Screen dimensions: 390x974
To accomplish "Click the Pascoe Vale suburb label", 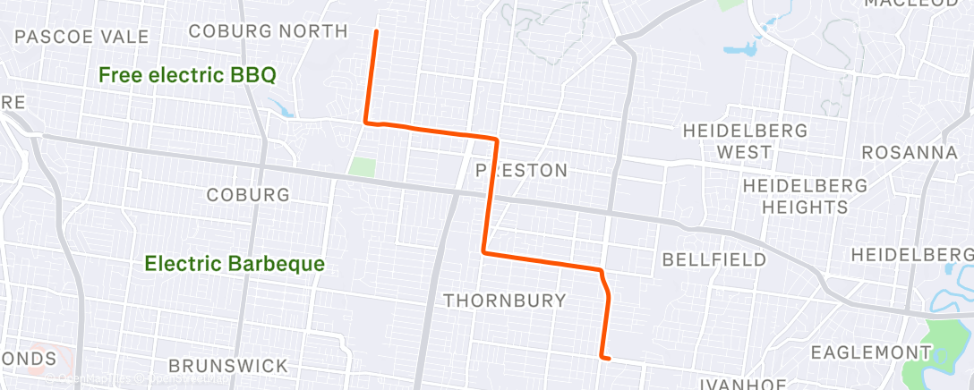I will (81, 37).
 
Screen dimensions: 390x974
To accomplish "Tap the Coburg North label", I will (269, 31).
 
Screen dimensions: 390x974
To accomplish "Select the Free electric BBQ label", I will (187, 75).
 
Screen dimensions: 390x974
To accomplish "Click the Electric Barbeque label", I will (235, 264).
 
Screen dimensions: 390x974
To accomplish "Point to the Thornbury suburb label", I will (505, 301).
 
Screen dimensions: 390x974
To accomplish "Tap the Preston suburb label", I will (521, 170).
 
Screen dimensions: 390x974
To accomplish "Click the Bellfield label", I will (714, 259).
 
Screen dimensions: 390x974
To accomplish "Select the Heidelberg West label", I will (745, 141).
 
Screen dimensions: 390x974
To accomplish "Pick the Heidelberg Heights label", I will (805, 197).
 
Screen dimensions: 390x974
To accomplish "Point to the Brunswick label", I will (228, 366).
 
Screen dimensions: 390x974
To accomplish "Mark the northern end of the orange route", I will (376, 31).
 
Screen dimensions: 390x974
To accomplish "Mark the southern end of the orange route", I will (609, 359).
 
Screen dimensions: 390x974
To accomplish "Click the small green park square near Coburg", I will (362, 166).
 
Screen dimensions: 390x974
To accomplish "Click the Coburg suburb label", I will (248, 195).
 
